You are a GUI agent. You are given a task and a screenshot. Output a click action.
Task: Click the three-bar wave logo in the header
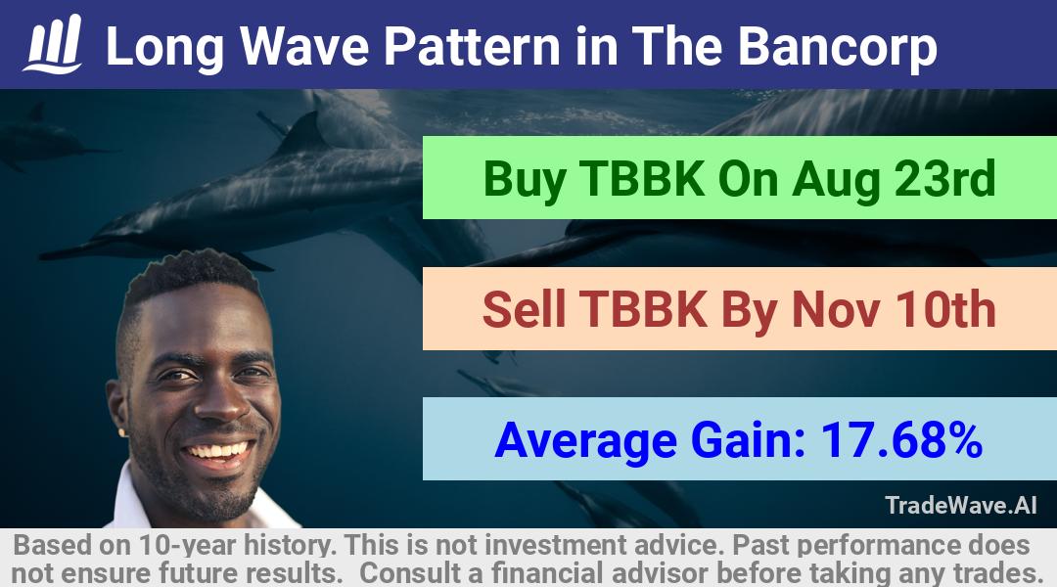click(x=53, y=44)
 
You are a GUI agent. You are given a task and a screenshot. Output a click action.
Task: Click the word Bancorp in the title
click(x=837, y=47)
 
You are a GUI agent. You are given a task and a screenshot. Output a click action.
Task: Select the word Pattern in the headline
click(x=472, y=47)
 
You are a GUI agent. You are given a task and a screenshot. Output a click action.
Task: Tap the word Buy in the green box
click(x=525, y=179)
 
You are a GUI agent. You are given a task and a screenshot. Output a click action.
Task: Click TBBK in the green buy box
click(x=642, y=178)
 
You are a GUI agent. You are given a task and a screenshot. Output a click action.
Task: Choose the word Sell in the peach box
click(x=524, y=309)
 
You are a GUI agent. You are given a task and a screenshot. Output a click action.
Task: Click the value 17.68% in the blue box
click(x=901, y=440)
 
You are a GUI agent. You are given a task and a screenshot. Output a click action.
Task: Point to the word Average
click(x=586, y=441)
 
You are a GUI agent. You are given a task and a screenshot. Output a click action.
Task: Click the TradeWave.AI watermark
click(x=961, y=505)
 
